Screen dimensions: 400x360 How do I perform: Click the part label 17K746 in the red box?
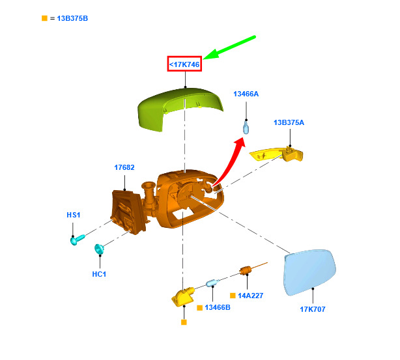point(184,64)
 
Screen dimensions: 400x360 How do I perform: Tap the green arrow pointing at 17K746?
point(229,48)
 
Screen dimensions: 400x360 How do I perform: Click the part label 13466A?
point(246,94)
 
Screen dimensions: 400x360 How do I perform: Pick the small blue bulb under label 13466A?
point(246,128)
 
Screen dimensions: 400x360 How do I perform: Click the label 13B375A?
point(289,122)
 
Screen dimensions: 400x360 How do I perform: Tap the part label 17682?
point(124,167)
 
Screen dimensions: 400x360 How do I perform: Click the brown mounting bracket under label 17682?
point(128,212)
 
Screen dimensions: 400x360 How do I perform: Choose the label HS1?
point(74,215)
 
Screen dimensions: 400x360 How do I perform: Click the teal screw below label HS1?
point(78,240)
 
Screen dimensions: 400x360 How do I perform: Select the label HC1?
point(99,274)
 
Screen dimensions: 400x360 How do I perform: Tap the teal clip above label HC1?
point(99,249)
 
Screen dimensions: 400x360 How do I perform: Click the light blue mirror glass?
point(309,272)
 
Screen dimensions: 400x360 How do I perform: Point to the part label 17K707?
point(313,309)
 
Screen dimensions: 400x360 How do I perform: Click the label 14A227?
point(251,296)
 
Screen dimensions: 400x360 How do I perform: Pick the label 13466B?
point(218,307)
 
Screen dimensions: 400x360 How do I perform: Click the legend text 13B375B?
point(72,18)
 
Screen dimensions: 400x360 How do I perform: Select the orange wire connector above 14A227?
point(246,270)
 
